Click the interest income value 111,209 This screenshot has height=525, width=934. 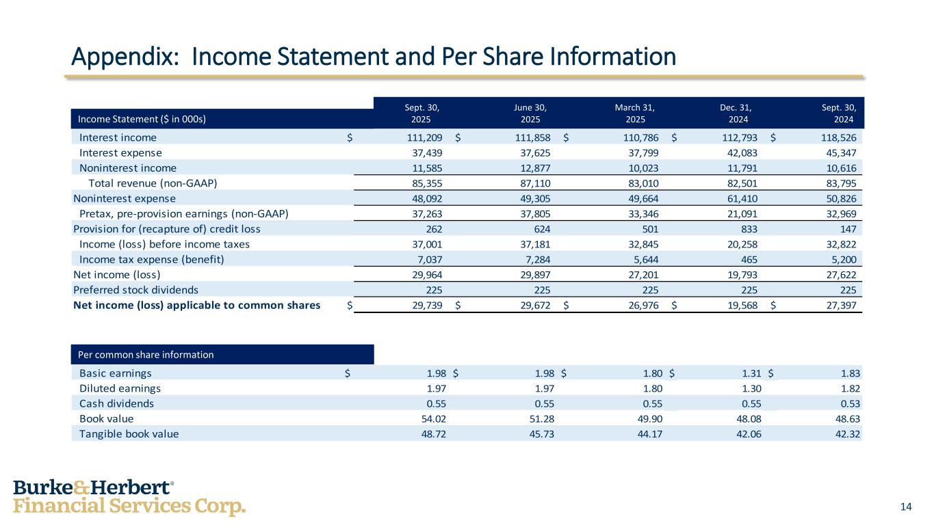427,137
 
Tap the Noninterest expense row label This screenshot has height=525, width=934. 125,198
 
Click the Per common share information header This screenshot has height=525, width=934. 146,355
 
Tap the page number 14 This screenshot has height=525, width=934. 906,507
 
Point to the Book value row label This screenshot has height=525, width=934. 107,418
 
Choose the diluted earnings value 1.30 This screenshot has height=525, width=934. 749,388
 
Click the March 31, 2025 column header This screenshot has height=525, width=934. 636,112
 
